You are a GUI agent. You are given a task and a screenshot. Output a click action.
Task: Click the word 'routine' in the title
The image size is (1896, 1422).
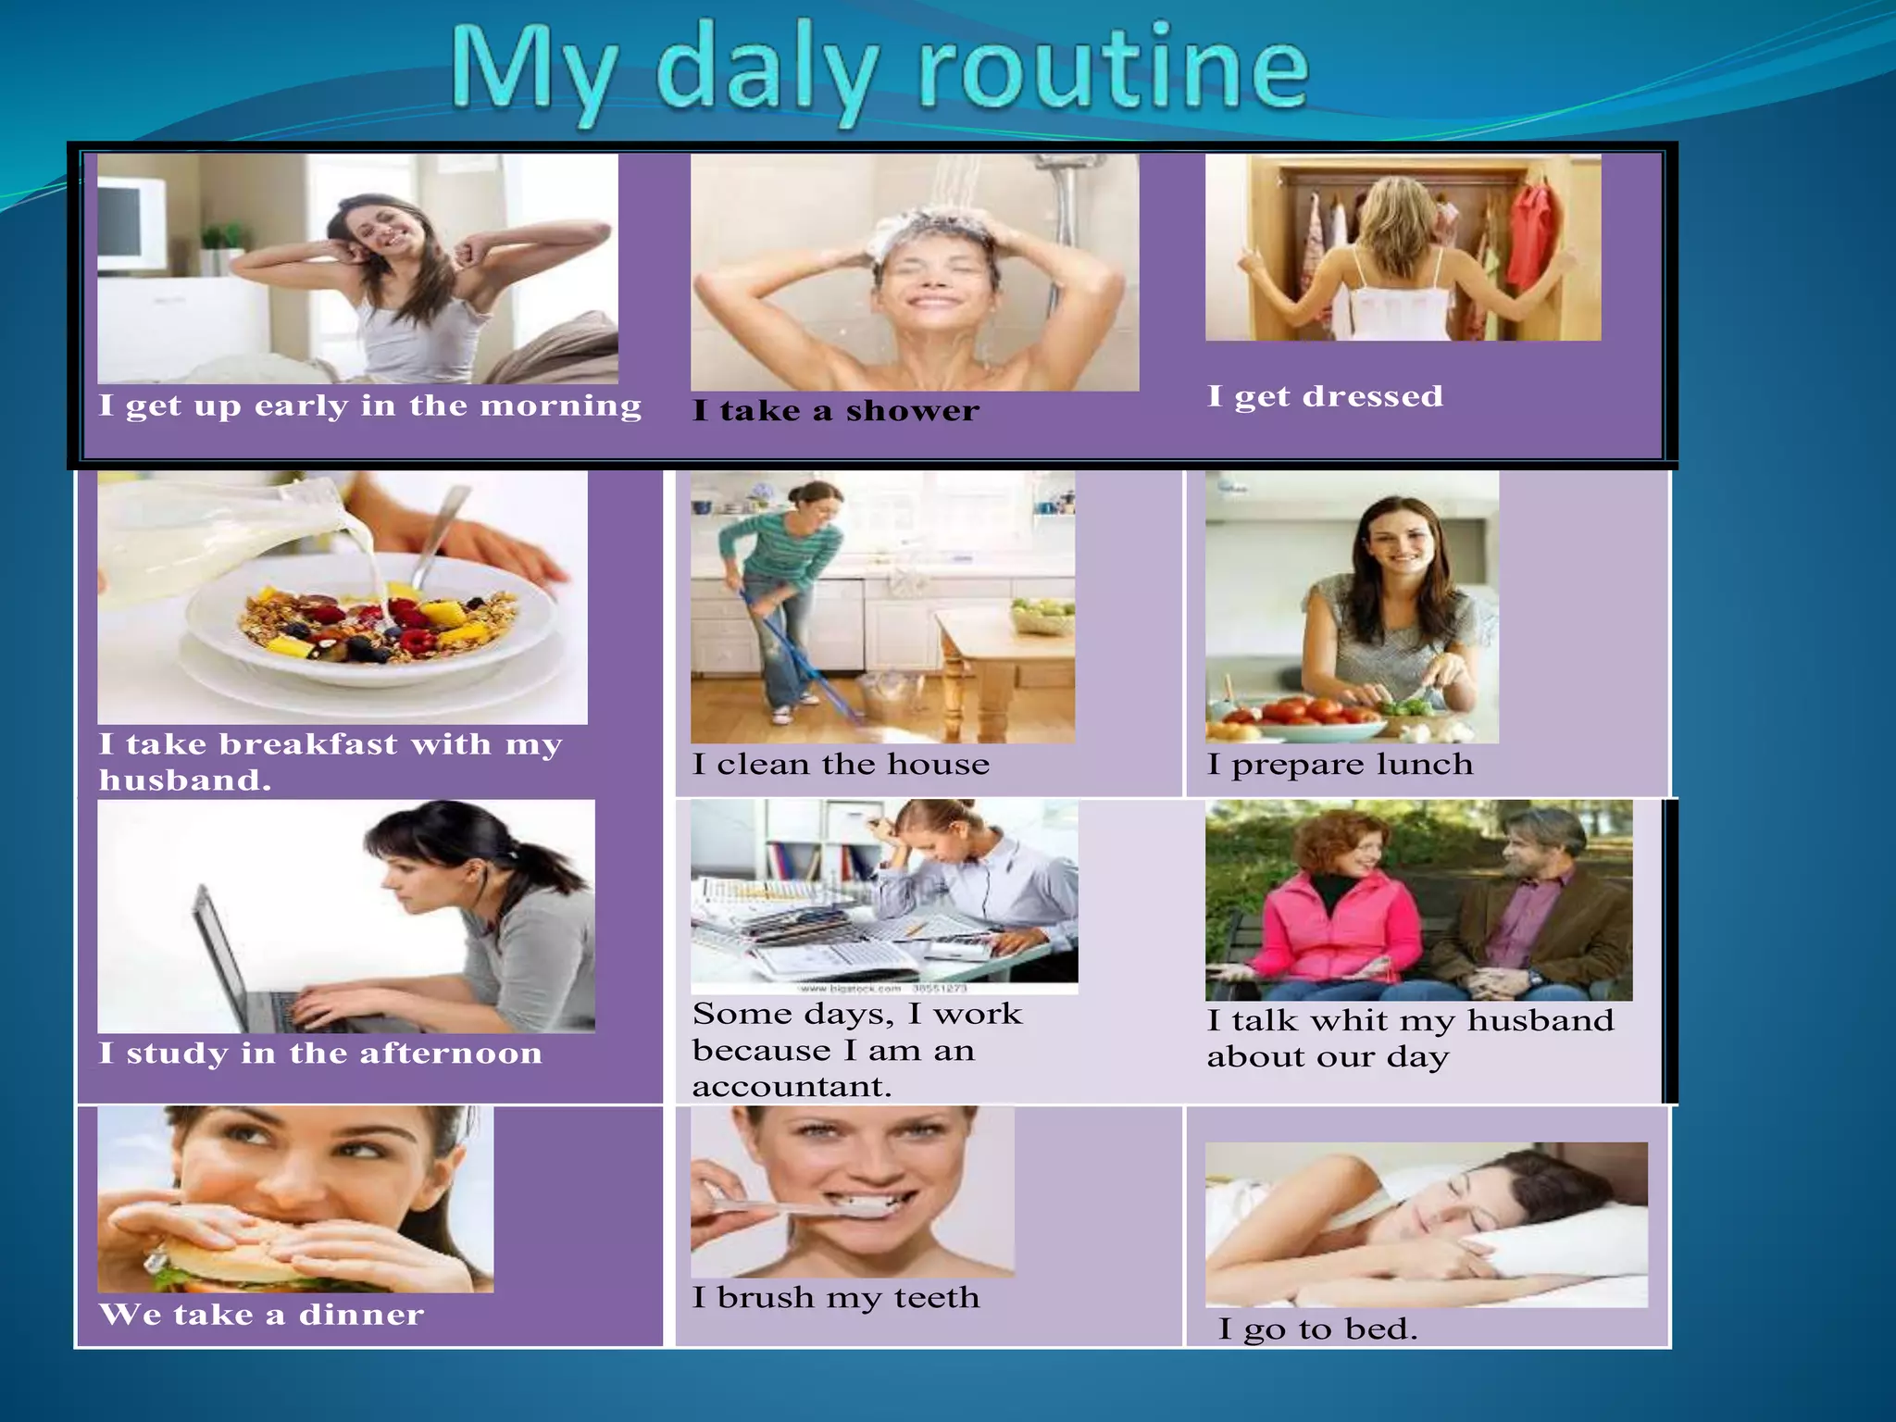pos(1114,68)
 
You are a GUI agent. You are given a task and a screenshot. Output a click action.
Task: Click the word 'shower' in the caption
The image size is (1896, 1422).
pos(912,411)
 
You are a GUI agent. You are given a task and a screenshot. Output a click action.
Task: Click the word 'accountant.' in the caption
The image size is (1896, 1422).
pos(792,1087)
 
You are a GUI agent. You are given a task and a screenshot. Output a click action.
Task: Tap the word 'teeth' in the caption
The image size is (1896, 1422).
pos(936,1298)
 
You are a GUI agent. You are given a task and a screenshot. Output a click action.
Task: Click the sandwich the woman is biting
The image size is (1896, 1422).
pos(231,1254)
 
